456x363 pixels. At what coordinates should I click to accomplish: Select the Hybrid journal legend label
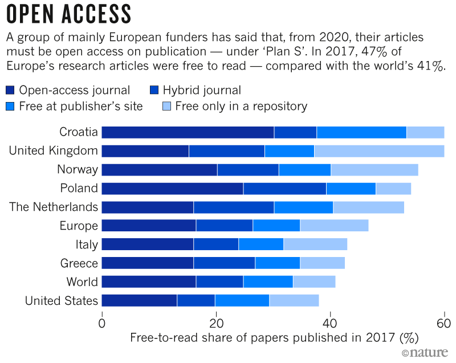tap(202, 90)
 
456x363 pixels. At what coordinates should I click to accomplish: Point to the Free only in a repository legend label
tap(241, 106)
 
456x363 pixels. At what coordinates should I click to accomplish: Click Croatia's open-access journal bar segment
tap(188, 133)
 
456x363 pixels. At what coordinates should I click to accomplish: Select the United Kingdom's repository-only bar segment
tap(379, 151)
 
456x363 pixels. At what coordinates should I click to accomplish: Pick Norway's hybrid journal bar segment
tap(248, 170)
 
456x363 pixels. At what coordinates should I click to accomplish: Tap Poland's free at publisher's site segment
tap(351, 188)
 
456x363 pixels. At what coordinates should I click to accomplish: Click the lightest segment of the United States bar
tap(294, 300)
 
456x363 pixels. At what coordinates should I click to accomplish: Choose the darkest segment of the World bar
tap(149, 282)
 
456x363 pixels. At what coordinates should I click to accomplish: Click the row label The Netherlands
tap(54, 207)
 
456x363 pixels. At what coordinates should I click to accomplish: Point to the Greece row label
tap(79, 263)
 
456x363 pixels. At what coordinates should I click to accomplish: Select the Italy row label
tap(85, 244)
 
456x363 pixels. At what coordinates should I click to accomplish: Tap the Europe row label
tap(79, 226)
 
